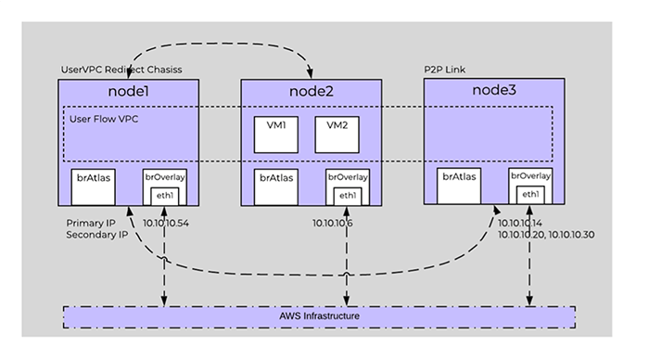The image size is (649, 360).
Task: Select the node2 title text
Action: [312, 94]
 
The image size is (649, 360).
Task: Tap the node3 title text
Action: [493, 93]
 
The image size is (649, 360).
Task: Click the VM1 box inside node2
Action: [275, 134]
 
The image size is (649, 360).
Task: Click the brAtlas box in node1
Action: [93, 186]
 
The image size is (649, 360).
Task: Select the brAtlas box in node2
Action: [275, 186]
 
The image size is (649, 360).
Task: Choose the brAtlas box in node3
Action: [460, 185]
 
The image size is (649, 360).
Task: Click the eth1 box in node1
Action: [165, 195]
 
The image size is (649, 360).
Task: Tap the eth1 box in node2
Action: [348, 195]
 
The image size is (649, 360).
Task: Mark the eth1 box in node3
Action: [529, 194]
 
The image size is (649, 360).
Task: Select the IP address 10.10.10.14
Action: [521, 224]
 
